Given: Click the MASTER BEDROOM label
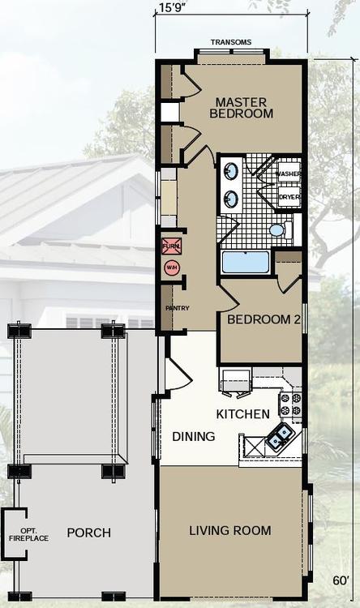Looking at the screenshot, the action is click(241, 108).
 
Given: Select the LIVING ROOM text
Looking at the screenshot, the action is click(230, 530).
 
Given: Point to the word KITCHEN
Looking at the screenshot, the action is click(243, 414).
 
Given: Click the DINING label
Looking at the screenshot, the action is click(194, 437).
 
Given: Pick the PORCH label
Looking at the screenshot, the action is click(89, 533).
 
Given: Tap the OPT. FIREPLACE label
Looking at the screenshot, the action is click(29, 535).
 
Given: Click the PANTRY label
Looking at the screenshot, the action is click(178, 308).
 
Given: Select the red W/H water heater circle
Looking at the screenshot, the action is click(171, 268).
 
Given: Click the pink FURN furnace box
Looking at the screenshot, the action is click(171, 246).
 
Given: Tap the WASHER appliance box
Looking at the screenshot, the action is click(288, 173).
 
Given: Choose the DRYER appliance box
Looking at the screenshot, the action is click(289, 197).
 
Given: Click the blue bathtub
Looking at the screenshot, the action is click(245, 262).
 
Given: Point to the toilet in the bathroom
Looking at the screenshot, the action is click(281, 229).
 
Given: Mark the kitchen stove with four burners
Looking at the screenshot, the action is click(290, 404).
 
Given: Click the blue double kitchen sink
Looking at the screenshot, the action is click(281, 435).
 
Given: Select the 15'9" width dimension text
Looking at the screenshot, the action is click(172, 7).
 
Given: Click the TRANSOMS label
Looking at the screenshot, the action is click(231, 42).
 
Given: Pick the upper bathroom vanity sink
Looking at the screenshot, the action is click(231, 170).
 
